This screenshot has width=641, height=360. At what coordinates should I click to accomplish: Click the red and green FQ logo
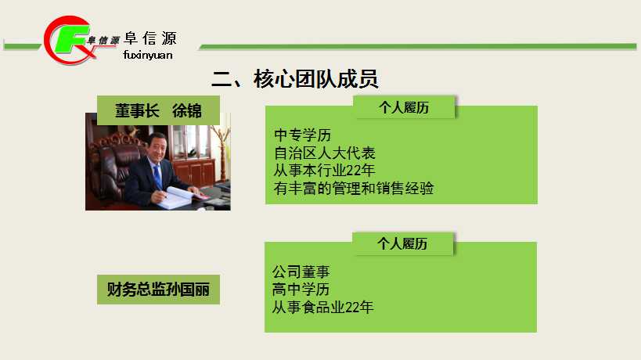pos(67,40)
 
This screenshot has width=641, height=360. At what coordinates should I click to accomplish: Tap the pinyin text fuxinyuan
pos(148,55)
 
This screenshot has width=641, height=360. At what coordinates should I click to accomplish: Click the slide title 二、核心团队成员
pos(295,79)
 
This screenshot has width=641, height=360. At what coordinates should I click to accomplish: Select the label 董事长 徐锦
pos(158,110)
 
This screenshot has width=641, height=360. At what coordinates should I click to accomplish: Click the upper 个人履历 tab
pos(404,107)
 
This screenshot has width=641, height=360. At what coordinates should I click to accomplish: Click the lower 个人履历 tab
pos(402,244)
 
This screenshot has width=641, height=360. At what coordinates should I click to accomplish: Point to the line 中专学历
pos(303,135)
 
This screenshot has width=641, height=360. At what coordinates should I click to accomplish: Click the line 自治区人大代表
pos(325,153)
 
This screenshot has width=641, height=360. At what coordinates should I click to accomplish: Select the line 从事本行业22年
pos(325,171)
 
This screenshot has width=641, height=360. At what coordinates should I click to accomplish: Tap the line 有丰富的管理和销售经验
pos(354,189)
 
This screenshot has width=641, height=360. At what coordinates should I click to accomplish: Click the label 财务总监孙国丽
pos(158,290)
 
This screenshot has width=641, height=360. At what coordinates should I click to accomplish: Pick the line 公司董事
pos(301,272)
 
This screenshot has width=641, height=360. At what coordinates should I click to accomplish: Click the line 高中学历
pos(301,290)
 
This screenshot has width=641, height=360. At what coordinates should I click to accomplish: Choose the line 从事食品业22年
pos(323,308)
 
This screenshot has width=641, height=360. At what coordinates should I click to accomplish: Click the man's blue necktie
pos(158,177)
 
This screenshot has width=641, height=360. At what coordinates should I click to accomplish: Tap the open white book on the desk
pos(179,197)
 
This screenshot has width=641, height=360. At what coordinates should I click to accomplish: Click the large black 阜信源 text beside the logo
pos(150,38)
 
